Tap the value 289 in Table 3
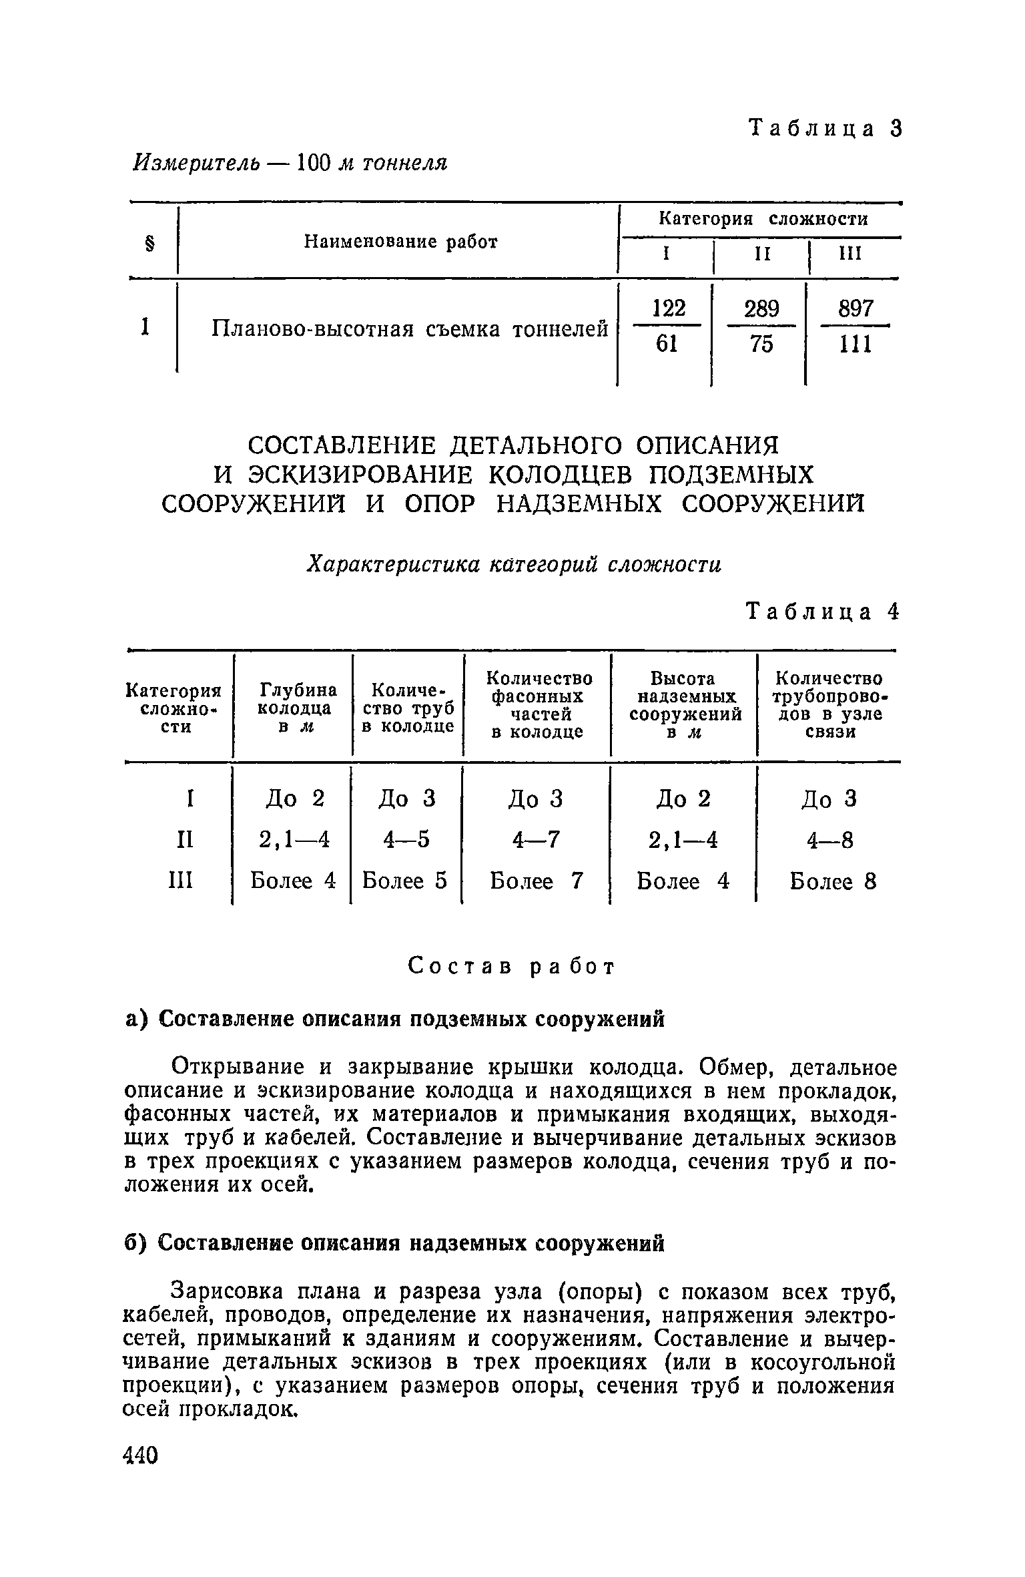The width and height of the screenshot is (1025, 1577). (761, 309)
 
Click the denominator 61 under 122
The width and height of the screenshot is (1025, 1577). (667, 344)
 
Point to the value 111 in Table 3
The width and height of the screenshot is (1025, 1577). (856, 345)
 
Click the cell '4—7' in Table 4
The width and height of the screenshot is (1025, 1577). (536, 840)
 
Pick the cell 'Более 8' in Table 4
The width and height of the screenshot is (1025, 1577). (833, 882)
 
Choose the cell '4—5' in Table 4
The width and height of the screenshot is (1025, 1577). (406, 840)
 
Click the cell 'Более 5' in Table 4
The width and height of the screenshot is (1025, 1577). (404, 881)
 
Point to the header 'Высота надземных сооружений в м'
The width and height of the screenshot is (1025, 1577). (685, 706)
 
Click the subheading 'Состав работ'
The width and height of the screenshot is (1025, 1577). (511, 966)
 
